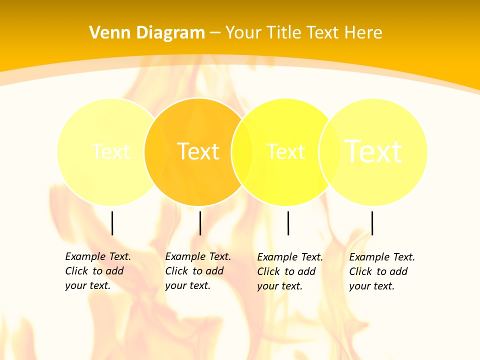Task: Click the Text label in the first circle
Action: (110, 151)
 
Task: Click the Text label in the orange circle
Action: (198, 151)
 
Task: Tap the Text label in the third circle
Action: (285, 151)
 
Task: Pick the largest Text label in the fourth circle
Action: (373, 151)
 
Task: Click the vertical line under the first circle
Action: (112, 223)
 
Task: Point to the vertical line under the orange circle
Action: (200, 223)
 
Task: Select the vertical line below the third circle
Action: (288, 223)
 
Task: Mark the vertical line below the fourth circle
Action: (372, 223)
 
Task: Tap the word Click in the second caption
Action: (177, 271)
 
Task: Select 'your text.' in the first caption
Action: (87, 286)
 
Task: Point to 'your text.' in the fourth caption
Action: (371, 286)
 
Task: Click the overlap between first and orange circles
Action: (155, 151)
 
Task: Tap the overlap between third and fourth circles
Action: (329, 151)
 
